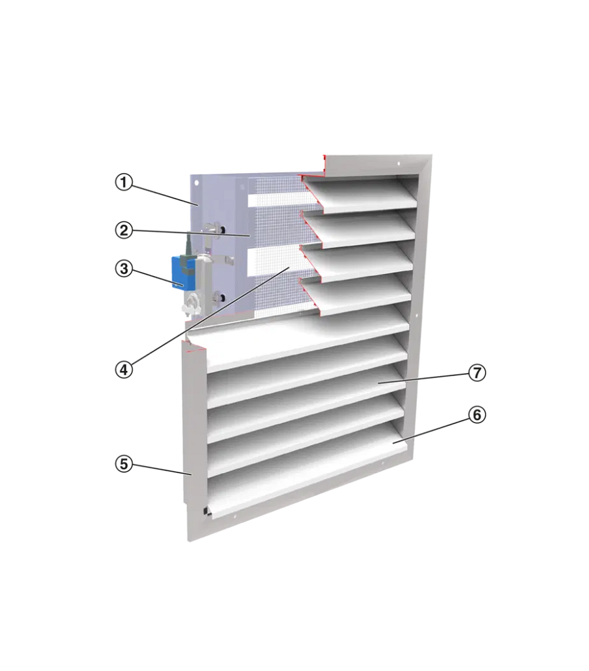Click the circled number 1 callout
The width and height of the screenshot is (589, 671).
click(124, 183)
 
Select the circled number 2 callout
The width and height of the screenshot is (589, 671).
click(124, 231)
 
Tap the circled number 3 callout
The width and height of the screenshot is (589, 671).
click(124, 269)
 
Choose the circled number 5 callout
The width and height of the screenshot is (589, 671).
click(124, 464)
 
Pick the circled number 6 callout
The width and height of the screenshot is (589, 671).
click(477, 415)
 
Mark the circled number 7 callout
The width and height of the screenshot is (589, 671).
click(477, 373)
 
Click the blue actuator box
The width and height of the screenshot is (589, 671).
click(183, 273)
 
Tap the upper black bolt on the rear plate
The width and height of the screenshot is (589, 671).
click(221, 229)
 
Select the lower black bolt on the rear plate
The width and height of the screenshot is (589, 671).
click(220, 296)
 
